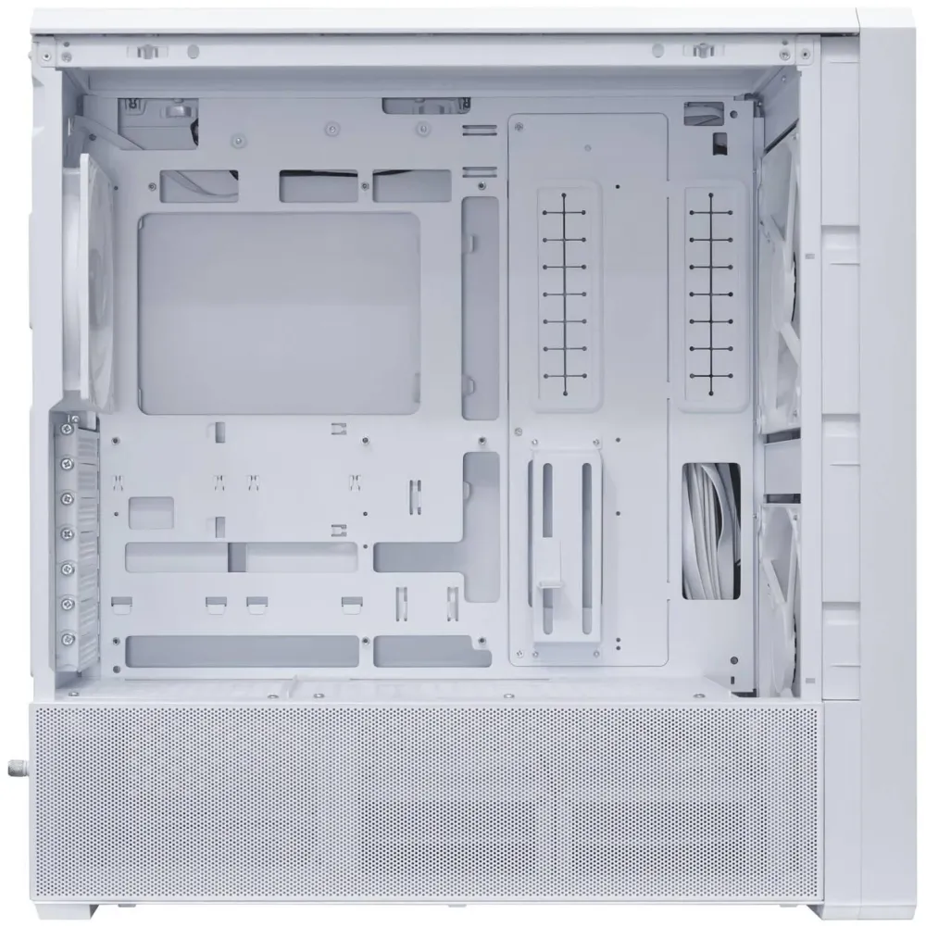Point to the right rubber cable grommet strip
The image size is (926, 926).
tap(714, 292)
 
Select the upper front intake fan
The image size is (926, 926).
tap(780, 287)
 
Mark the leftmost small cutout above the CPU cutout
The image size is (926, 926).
tap(198, 185)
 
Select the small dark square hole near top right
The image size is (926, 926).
tap(719, 143)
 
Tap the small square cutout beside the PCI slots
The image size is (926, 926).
tap(151, 512)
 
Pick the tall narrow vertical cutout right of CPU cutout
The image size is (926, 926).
tap(480, 306)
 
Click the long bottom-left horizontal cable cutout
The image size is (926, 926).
tap(243, 651)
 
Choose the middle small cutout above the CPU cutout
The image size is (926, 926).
tap(319, 185)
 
